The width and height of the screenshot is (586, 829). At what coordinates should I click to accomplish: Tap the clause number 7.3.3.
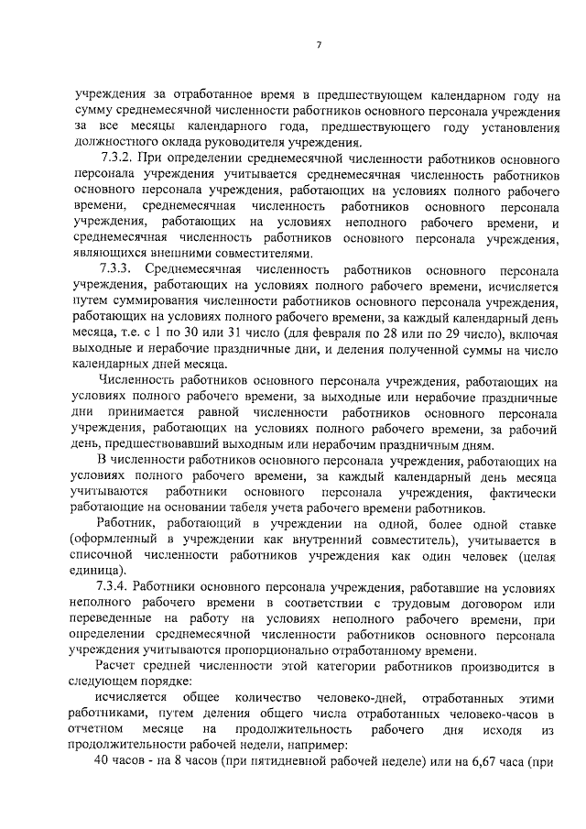coord(117,272)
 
